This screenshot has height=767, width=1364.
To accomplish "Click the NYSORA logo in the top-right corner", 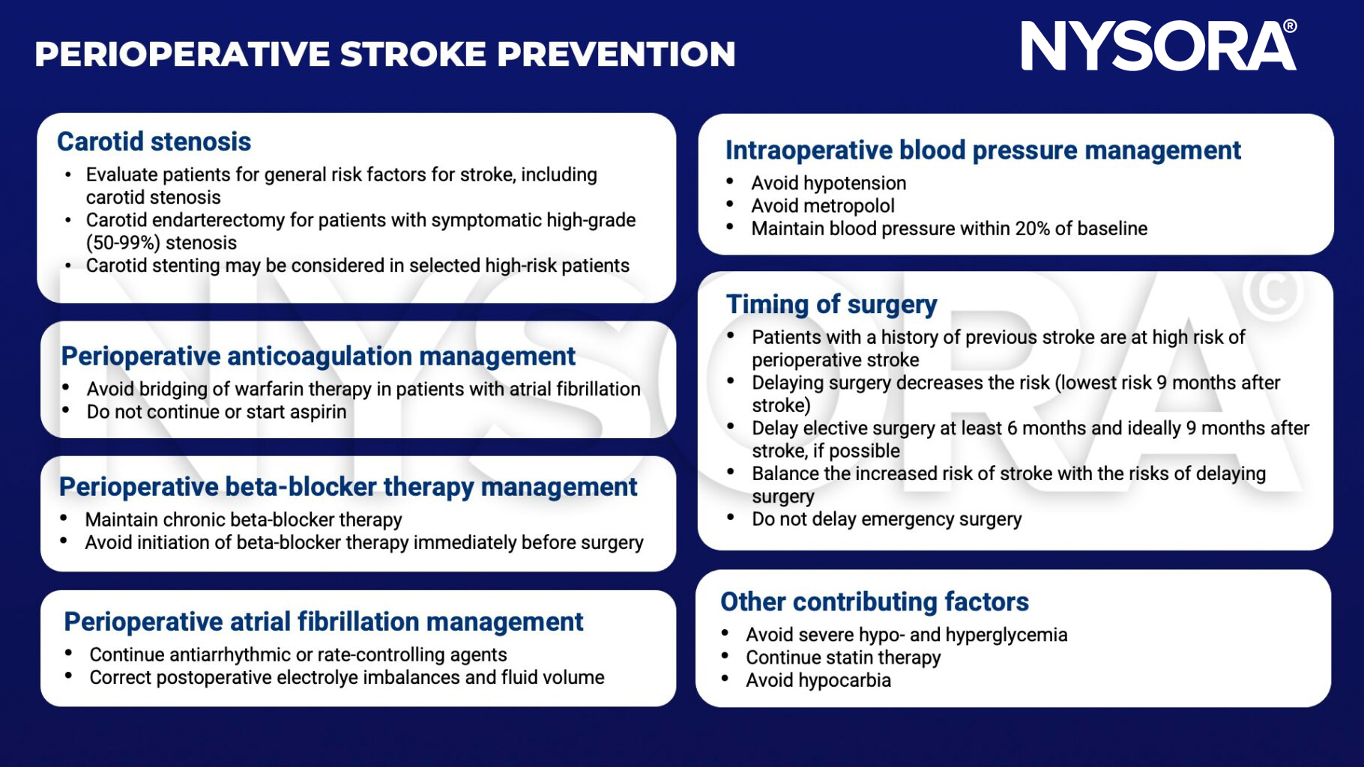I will coord(1158,46).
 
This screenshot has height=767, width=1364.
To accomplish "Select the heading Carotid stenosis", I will coord(154,142).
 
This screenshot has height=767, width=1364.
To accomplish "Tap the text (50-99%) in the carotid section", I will coord(124,243).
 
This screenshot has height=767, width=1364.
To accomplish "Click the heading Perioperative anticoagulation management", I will coord(318,356).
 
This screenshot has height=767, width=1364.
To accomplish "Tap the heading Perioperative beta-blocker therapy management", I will coord(348,487).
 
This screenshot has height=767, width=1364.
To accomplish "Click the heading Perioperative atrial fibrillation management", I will coord(323,622).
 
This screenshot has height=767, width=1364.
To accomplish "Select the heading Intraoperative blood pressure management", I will coord(983,150).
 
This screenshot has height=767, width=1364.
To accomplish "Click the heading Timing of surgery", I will coord(831,304).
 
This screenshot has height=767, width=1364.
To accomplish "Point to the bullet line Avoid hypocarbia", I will coord(818,680).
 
